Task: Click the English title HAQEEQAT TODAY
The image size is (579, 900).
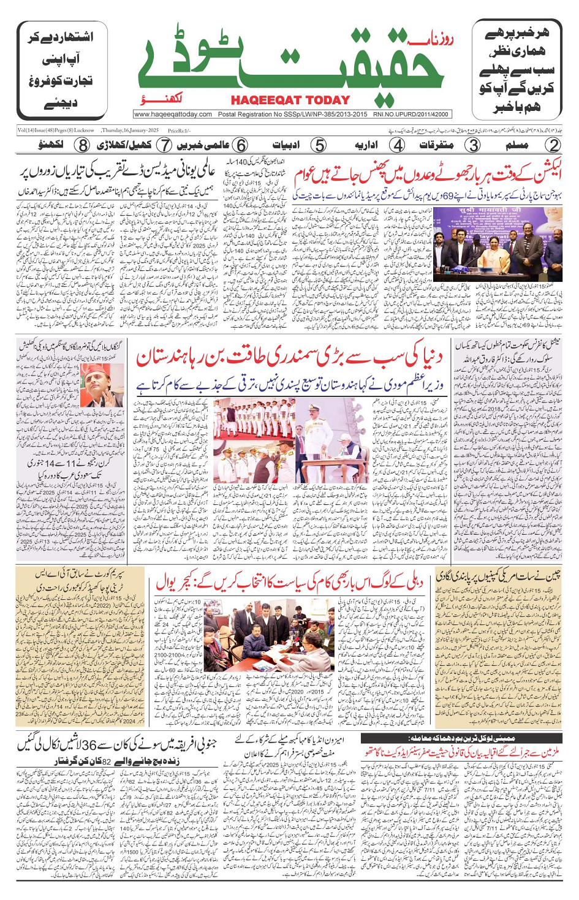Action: click(x=290, y=100)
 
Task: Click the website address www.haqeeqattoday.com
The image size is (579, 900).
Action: click(x=173, y=115)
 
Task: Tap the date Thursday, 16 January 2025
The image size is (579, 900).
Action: click(x=130, y=130)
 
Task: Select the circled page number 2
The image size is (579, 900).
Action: click(x=553, y=146)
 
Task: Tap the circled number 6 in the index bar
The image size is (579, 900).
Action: click(x=241, y=146)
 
